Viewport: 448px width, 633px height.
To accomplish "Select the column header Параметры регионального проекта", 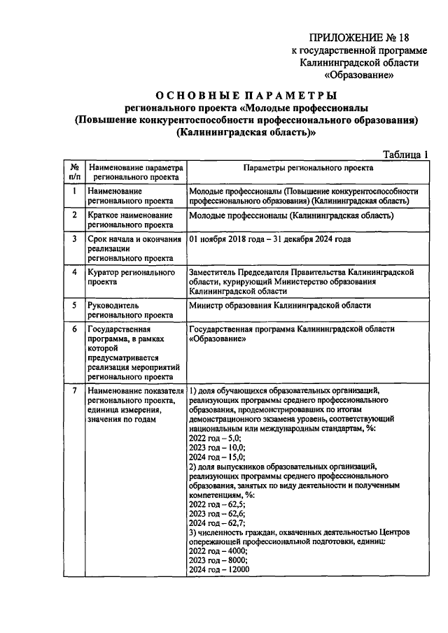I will pyautogui.click(x=308, y=168).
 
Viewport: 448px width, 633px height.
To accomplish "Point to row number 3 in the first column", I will pyautogui.click(x=74, y=239).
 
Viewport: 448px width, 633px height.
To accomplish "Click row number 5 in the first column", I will pyautogui.click(x=74, y=306).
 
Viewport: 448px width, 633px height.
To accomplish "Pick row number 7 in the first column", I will pyautogui.click(x=74, y=390).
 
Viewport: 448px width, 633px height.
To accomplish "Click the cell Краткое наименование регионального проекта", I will pyautogui.click(x=129, y=220).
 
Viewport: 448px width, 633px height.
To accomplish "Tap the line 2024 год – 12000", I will pyautogui.click(x=219, y=570).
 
